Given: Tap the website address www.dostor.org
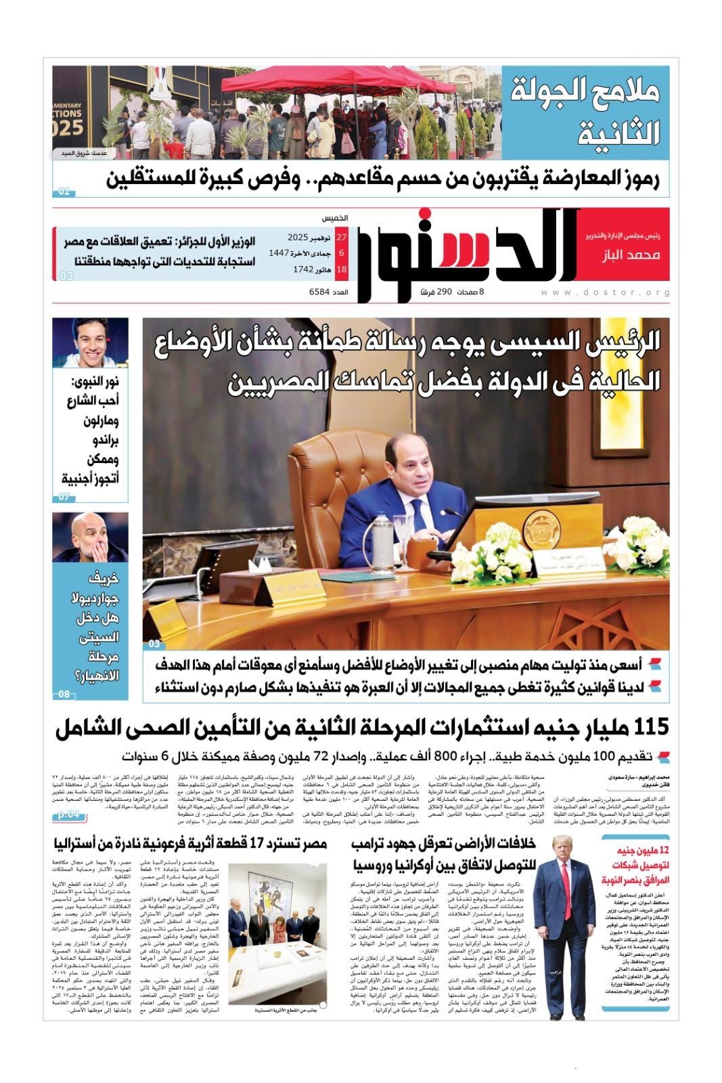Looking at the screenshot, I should tap(606, 292).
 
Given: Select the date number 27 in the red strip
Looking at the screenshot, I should tap(341, 238).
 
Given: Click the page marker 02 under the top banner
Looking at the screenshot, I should tap(64, 192).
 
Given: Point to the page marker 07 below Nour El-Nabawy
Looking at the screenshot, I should tap(64, 497).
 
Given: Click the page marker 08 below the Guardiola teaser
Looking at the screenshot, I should tap(64, 694).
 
